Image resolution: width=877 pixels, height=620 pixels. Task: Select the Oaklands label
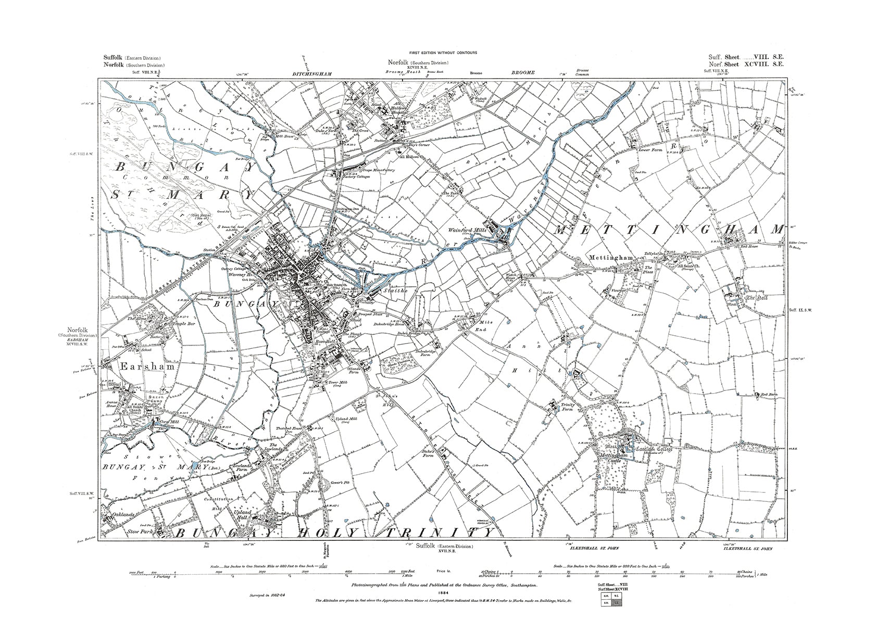[x=123, y=514]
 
